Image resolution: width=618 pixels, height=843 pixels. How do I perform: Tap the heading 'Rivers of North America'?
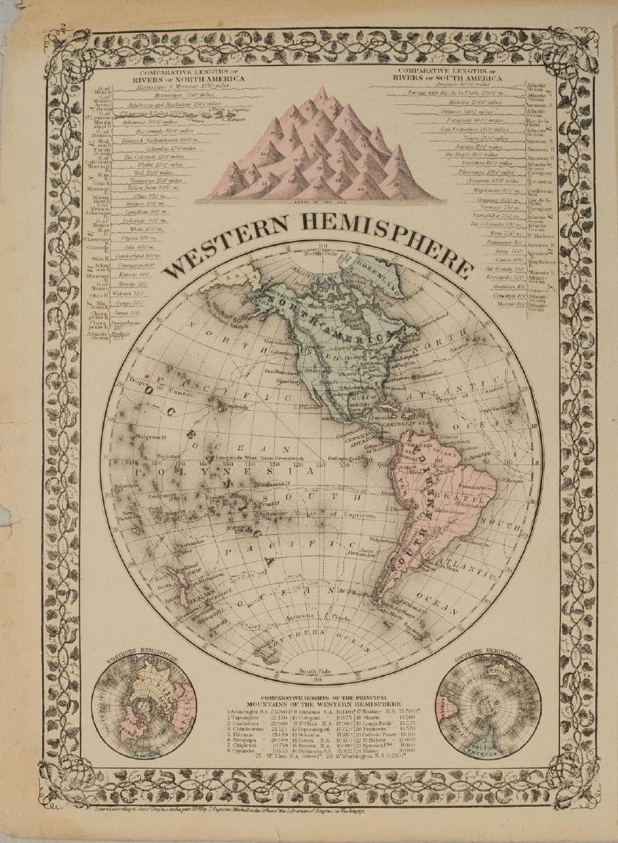click(188, 78)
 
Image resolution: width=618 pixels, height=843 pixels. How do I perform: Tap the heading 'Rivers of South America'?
click(450, 77)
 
